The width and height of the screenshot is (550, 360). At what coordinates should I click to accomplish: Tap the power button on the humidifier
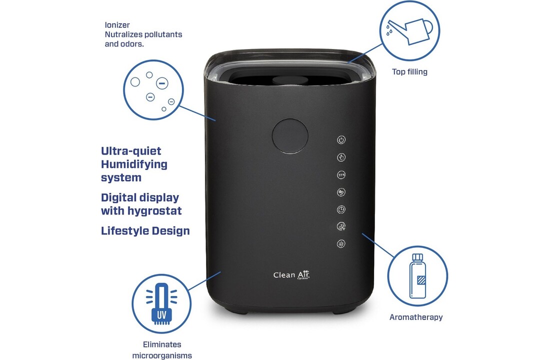pos(341,140)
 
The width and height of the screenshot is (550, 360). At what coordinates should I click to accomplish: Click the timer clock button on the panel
pos(341,209)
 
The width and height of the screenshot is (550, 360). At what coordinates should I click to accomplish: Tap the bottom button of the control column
pos(341,244)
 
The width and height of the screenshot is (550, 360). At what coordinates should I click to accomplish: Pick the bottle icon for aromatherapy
pos(417,275)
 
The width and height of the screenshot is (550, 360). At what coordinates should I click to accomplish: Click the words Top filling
pos(409,72)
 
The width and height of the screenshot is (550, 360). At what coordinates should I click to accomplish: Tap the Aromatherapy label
pos(416,317)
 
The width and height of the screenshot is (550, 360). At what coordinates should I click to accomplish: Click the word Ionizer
pos(117,24)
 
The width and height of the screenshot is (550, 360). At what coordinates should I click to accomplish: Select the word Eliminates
pos(161,344)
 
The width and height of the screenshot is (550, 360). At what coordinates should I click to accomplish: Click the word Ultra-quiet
pos(131,151)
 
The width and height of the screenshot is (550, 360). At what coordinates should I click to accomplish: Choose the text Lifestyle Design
pos(145,231)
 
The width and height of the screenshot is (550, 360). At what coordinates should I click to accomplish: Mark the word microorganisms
pos(161,355)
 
